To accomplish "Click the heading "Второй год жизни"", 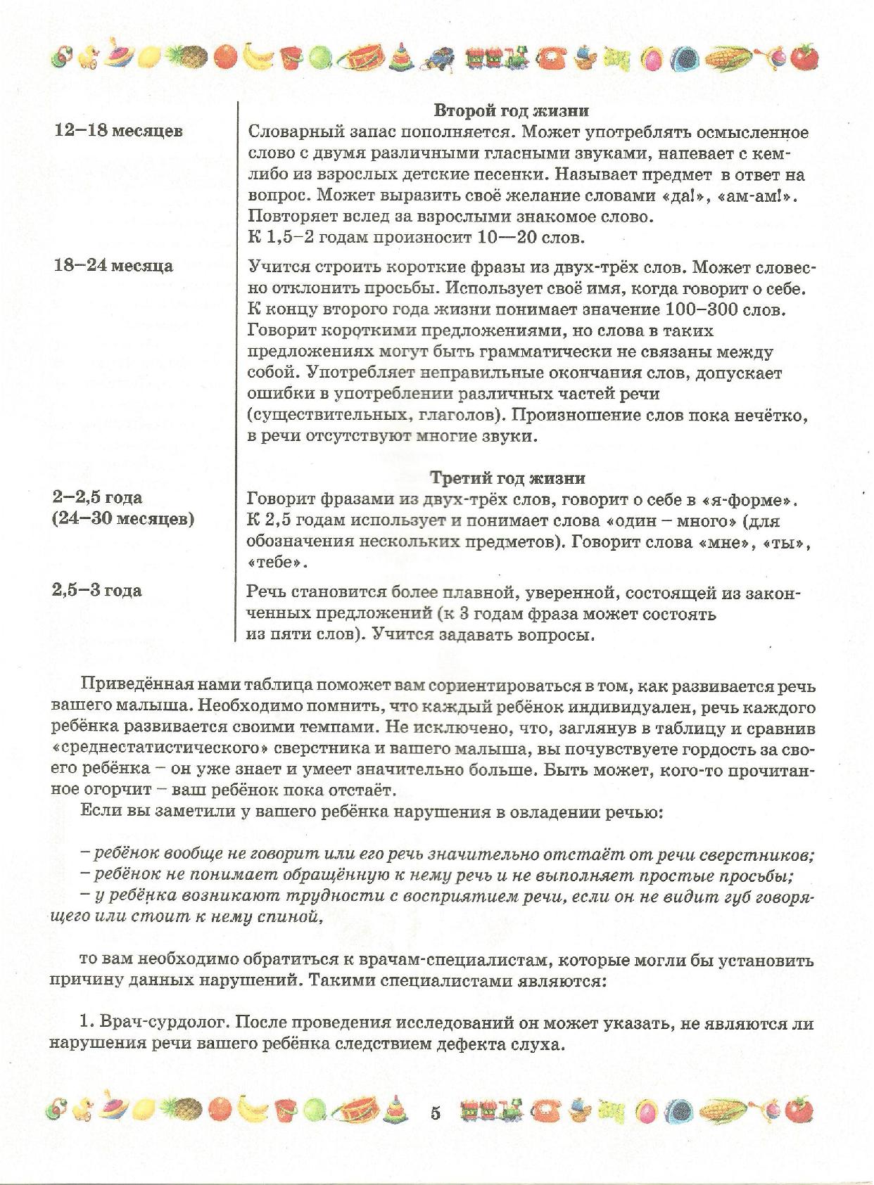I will click(x=510, y=110).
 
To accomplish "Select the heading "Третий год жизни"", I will click(x=507, y=478).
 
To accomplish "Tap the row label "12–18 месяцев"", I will click(x=118, y=131).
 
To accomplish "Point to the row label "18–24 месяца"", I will click(x=113, y=266).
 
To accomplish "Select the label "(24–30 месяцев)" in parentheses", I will click(x=123, y=520).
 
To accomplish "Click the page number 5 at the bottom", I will click(x=434, y=1113).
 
